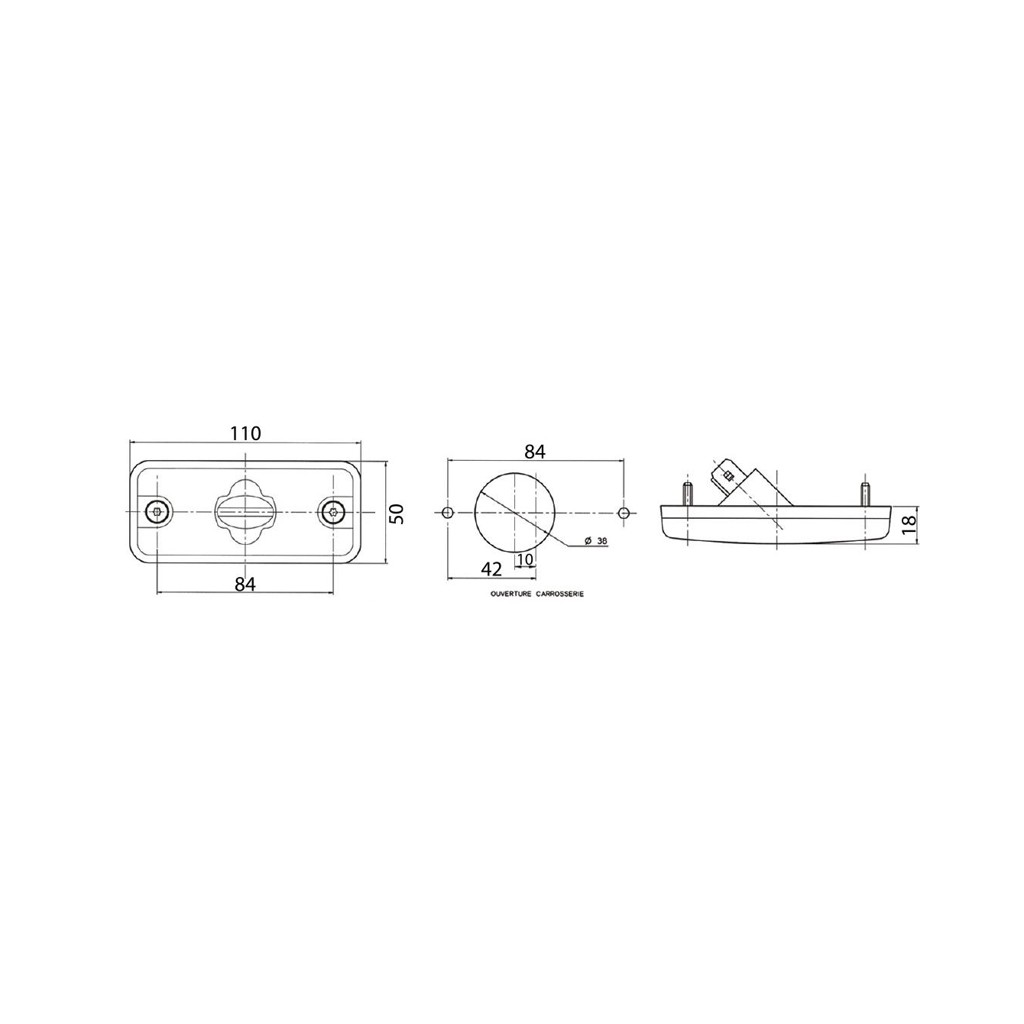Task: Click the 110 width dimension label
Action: pyautogui.click(x=245, y=433)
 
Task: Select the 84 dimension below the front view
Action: pyautogui.click(x=245, y=585)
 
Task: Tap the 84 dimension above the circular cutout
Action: pyautogui.click(x=535, y=452)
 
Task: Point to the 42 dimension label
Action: pyautogui.click(x=491, y=569)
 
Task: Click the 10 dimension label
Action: pyautogui.click(x=524, y=559)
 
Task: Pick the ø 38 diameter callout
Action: pyautogui.click(x=595, y=541)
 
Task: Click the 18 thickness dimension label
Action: pyautogui.click(x=909, y=524)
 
